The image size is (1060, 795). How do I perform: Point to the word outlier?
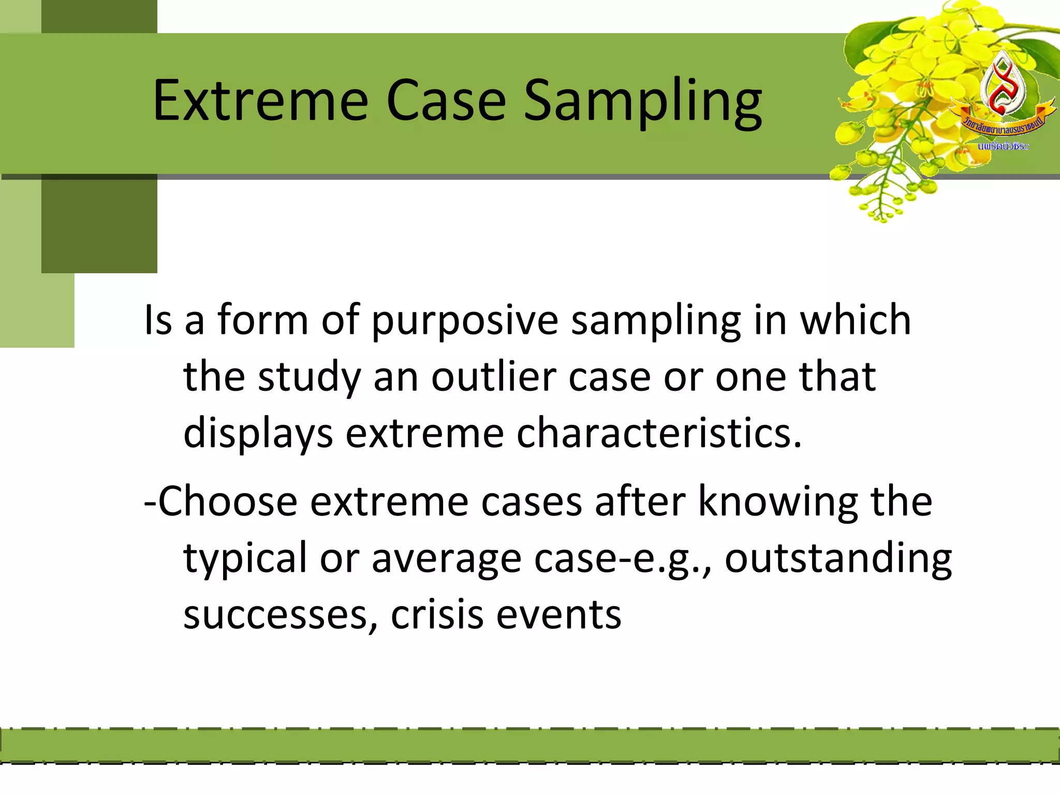point(494,377)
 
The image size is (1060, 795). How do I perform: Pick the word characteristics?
point(659,433)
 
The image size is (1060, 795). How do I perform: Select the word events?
point(558,615)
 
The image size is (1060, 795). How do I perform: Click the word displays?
point(258,433)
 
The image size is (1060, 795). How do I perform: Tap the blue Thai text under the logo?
point(1003,146)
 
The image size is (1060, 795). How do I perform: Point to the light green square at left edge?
point(36,311)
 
